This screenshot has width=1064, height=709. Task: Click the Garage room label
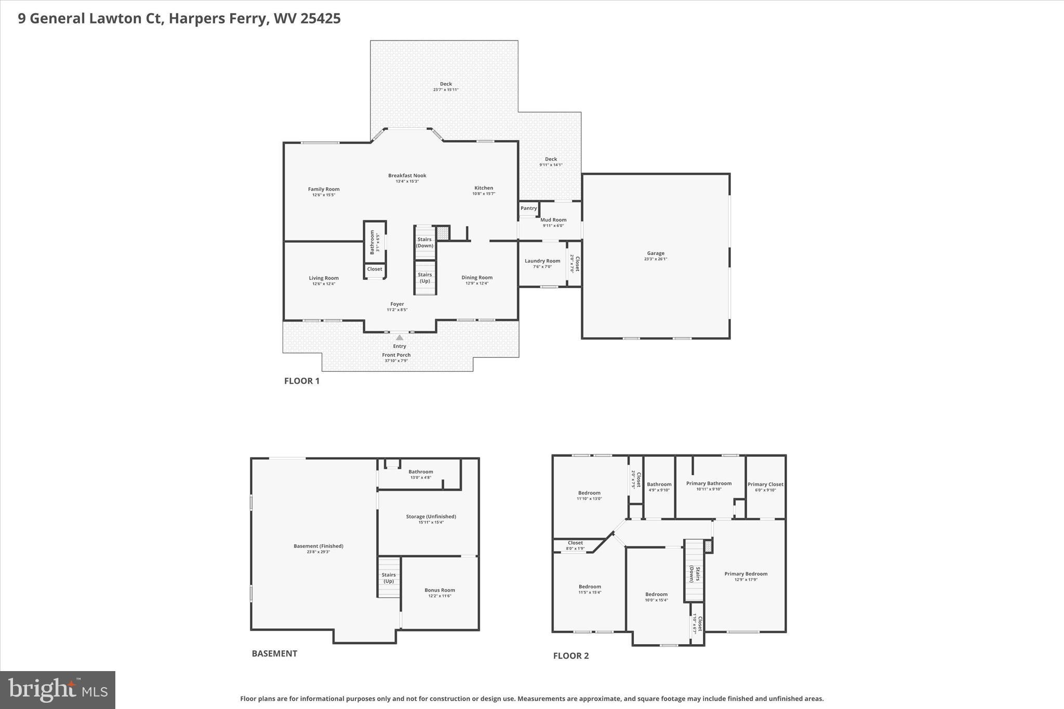[x=655, y=253]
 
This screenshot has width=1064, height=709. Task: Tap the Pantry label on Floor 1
[x=528, y=208]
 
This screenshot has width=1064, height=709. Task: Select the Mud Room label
[x=553, y=220]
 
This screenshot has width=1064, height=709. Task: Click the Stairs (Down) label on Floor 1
[x=424, y=243]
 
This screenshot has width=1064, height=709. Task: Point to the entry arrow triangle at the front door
[x=400, y=338]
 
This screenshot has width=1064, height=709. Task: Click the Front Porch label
[x=396, y=355]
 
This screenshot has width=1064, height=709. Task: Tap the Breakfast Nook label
[x=407, y=176]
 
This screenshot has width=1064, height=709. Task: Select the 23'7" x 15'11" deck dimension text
[x=446, y=90]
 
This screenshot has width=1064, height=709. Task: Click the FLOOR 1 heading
[x=302, y=381]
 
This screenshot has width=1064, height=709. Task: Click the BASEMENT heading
[x=274, y=653]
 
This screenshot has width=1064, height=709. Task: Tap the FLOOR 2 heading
[x=571, y=656]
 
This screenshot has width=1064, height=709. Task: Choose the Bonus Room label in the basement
[x=440, y=590]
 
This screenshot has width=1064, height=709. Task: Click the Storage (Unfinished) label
[x=431, y=516]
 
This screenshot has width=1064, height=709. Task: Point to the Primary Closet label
[x=765, y=484]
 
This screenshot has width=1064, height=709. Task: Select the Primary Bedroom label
[x=746, y=574]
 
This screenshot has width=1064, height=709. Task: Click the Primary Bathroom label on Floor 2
[x=709, y=483]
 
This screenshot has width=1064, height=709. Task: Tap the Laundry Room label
[x=542, y=261]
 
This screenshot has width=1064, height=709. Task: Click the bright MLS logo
[x=58, y=690]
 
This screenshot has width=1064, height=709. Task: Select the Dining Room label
[x=477, y=277]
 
